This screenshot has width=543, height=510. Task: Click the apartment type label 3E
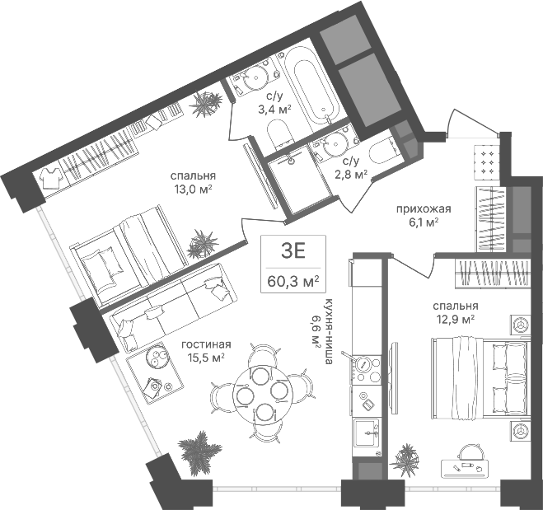(x=293, y=251)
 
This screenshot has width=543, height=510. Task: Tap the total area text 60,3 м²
(x=293, y=281)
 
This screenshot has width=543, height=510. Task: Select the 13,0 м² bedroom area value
(x=194, y=189)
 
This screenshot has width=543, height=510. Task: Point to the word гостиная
(x=206, y=344)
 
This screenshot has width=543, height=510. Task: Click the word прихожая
(x=424, y=208)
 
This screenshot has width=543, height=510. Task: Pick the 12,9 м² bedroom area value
(x=456, y=319)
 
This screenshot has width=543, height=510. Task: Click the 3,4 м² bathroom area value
(x=274, y=110)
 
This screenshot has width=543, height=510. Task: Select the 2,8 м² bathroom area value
(x=351, y=175)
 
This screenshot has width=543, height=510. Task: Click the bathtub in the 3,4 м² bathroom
(x=311, y=88)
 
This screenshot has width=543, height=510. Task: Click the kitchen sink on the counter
(x=367, y=433)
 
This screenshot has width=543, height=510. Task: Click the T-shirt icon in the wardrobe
(x=51, y=178)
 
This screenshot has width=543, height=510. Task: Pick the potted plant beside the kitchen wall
(x=405, y=458)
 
